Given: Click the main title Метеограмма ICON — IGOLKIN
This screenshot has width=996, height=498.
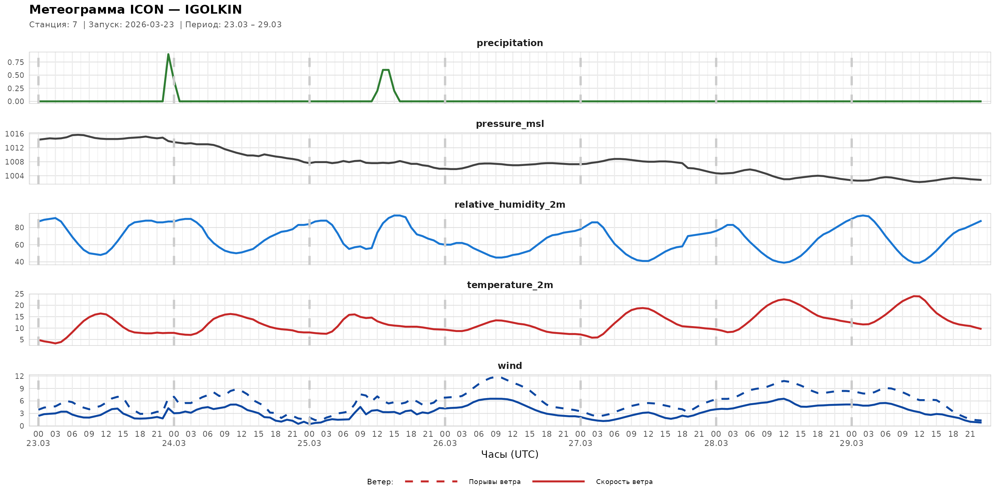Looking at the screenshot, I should pyautogui.click(x=135, y=10).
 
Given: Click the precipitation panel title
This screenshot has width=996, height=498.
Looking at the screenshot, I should pyautogui.click(x=509, y=43).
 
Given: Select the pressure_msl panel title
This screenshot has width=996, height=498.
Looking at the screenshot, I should pyautogui.click(x=509, y=124).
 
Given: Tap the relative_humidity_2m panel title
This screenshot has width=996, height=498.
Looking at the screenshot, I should pyautogui.click(x=509, y=204).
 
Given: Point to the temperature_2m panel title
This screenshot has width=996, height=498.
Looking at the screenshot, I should pyautogui.click(x=509, y=285).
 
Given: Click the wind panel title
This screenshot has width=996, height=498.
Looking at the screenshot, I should pyautogui.click(x=509, y=366).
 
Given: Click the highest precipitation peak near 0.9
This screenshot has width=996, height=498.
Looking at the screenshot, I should pyautogui.click(x=168, y=55).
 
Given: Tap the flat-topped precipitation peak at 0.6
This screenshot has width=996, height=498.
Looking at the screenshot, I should pyautogui.click(x=385, y=70).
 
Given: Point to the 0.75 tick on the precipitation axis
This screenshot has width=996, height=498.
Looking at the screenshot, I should pyautogui.click(x=16, y=62).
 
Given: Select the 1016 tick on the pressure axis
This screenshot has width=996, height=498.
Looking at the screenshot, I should pyautogui.click(x=15, y=134).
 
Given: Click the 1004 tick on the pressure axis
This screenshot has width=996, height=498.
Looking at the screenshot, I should pyautogui.click(x=15, y=176).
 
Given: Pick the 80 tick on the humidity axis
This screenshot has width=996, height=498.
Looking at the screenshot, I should pyautogui.click(x=19, y=228).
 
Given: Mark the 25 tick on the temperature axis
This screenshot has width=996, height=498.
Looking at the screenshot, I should pyautogui.click(x=19, y=294).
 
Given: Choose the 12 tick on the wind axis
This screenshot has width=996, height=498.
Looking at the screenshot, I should pyautogui.click(x=19, y=376).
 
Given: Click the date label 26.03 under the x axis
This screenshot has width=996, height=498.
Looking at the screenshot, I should pyautogui.click(x=445, y=443).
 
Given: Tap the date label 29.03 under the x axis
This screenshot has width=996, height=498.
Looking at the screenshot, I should pyautogui.click(x=851, y=443).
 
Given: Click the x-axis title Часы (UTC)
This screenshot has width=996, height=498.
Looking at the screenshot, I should pyautogui.click(x=509, y=454).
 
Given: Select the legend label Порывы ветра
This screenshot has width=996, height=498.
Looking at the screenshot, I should pyautogui.click(x=495, y=482).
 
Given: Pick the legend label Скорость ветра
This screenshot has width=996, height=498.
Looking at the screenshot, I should pyautogui.click(x=624, y=482).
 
